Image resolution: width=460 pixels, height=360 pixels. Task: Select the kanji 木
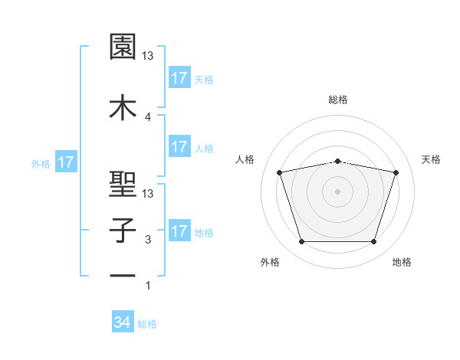(123, 106)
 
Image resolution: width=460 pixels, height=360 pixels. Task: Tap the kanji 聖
(123, 184)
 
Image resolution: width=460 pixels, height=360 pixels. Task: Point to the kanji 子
(123, 231)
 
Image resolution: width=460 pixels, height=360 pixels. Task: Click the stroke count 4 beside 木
(148, 116)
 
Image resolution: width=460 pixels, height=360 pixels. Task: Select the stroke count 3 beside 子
(148, 240)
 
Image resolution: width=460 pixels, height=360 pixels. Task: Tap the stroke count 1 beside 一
(148, 286)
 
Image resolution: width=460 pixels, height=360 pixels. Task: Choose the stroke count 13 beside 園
(149, 56)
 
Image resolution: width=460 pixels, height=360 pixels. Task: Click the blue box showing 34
(123, 323)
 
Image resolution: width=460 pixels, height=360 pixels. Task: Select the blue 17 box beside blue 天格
(179, 78)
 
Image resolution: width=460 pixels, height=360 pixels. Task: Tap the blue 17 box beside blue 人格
(179, 148)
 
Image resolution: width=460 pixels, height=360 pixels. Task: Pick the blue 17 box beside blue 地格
(179, 231)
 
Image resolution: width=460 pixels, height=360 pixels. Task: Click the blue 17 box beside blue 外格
(66, 162)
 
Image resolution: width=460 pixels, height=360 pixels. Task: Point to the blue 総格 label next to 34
(147, 324)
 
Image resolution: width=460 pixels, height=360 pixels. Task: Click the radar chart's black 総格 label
(338, 100)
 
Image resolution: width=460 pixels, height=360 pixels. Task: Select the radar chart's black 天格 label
(432, 159)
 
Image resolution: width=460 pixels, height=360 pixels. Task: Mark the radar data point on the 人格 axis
(280, 172)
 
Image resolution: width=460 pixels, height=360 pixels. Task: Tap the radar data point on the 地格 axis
(373, 242)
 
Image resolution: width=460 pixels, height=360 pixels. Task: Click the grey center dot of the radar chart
(338, 191)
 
